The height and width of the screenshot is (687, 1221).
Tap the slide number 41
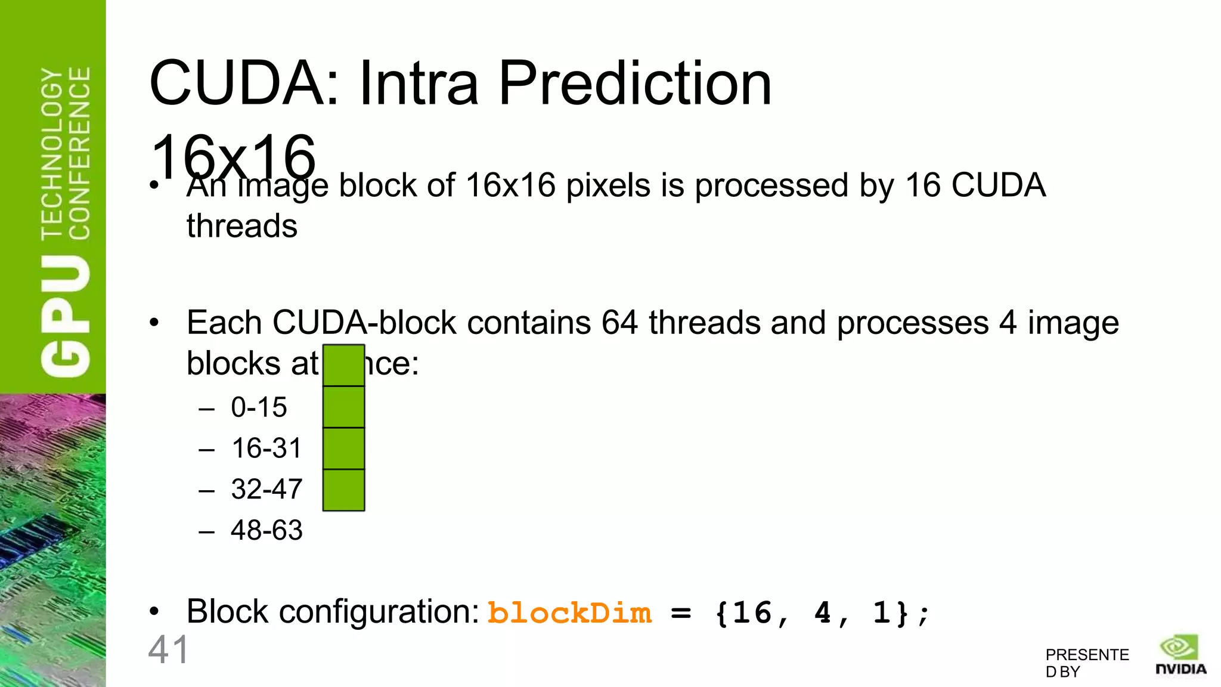point(168,650)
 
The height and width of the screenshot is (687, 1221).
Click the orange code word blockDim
point(569,613)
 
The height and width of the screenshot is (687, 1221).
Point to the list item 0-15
point(259,407)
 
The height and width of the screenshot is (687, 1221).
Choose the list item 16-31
point(266,448)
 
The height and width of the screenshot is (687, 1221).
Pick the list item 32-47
point(266,489)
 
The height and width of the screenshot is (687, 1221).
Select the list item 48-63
point(266,530)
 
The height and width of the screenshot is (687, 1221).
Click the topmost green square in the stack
point(343,366)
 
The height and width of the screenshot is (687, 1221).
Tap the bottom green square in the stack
point(343,490)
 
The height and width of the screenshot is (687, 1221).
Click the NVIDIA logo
point(1180,656)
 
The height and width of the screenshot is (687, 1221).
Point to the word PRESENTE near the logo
point(1087,655)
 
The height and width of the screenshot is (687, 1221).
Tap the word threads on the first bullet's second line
point(241,227)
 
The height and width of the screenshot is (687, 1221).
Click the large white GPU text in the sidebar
point(66,316)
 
